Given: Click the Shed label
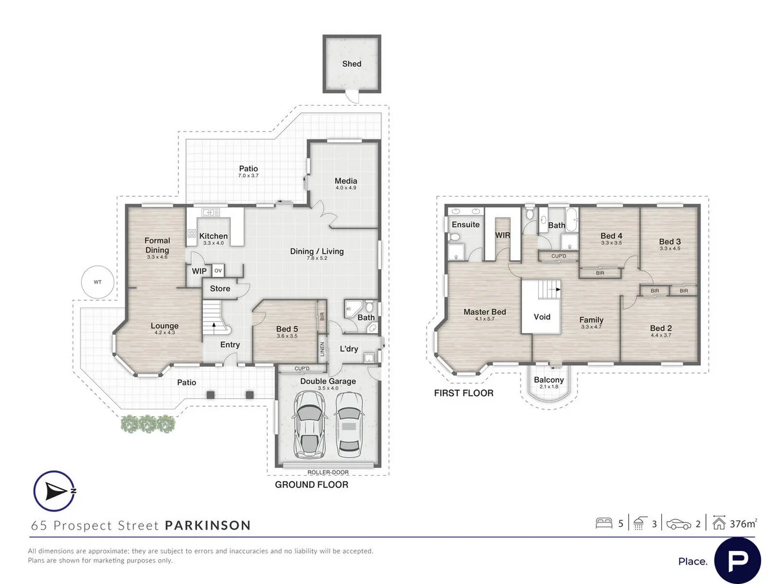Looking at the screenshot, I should click(351, 64).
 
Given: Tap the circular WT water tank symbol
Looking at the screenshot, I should click(97, 282).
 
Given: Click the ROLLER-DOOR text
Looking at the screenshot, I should click(327, 465).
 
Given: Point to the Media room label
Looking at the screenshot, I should click(346, 181).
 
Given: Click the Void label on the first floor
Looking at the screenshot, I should click(542, 317).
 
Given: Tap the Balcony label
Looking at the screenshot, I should click(548, 380).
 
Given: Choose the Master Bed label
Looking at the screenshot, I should click(484, 312).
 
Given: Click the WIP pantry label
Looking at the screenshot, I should click(198, 271).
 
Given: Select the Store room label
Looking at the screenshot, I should click(220, 289).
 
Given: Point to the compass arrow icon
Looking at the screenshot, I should click(54, 491).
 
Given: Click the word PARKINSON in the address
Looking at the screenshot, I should click(207, 525).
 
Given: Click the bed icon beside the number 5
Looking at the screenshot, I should click(604, 523).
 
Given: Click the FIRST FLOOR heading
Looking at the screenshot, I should click(464, 393).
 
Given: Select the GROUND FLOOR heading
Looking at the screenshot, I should click(311, 485).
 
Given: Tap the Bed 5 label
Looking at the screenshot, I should click(286, 329).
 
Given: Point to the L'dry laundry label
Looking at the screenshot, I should click(349, 349).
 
